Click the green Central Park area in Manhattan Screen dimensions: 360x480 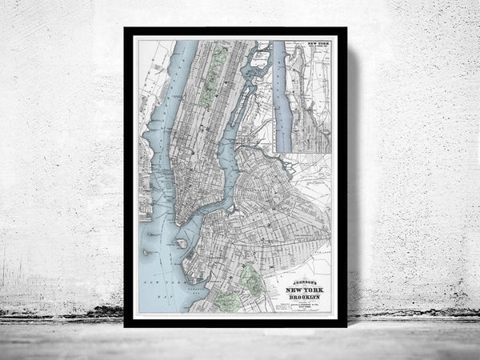[x=209, y=87]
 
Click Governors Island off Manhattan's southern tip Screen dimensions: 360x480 [x=181, y=243]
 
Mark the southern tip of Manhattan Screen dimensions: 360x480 [x=178, y=222]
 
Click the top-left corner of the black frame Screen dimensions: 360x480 [x=126, y=29]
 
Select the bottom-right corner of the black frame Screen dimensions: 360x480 [x=345, y=326]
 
